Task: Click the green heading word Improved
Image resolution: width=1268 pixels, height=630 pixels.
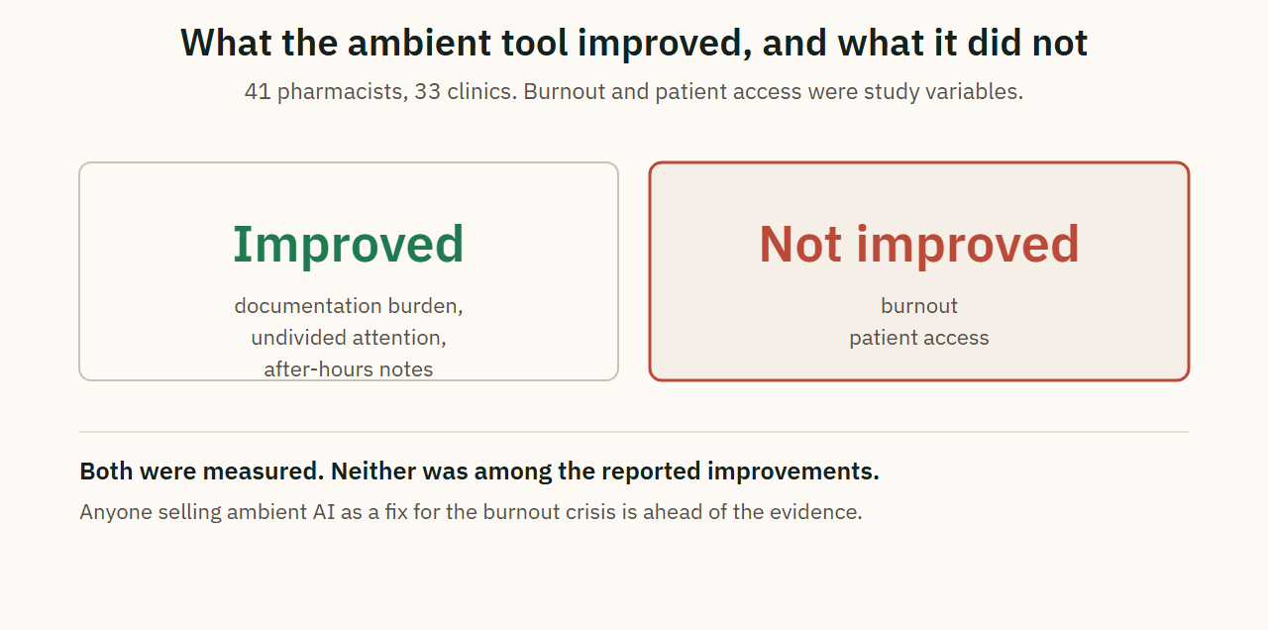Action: coord(348,245)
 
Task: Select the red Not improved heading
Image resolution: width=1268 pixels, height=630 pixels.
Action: coord(918,245)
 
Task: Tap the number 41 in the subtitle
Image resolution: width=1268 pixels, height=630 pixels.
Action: coord(258,92)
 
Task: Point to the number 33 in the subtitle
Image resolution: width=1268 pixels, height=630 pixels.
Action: coord(427,92)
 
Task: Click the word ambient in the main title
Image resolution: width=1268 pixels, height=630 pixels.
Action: coord(419,43)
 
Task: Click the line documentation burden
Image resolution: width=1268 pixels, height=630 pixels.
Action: coord(349,306)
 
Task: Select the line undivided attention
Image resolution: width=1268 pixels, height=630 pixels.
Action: coord(349,338)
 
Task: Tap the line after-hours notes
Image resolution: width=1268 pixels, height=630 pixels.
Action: coord(349,369)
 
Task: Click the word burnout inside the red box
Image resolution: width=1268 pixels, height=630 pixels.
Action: coord(919,306)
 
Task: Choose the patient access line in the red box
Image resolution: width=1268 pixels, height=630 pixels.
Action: coord(919,338)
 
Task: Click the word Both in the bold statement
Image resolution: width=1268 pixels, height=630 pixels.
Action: coord(106,471)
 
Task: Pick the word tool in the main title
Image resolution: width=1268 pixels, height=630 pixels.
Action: coord(534,43)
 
